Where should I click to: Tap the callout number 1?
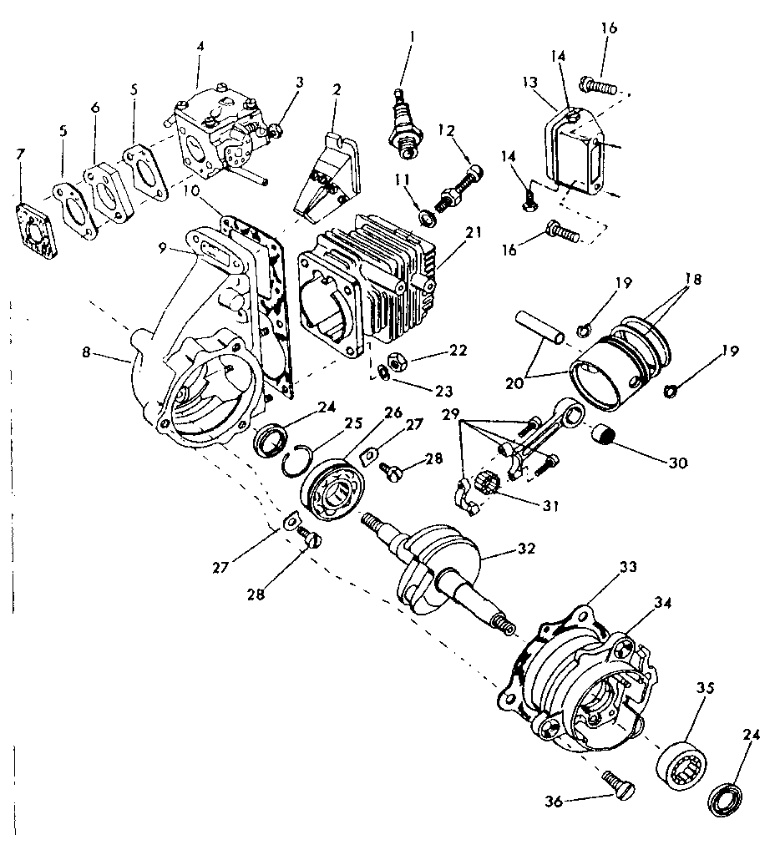click(x=411, y=38)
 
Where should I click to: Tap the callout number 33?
click(x=628, y=567)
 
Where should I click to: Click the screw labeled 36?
click(x=618, y=786)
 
